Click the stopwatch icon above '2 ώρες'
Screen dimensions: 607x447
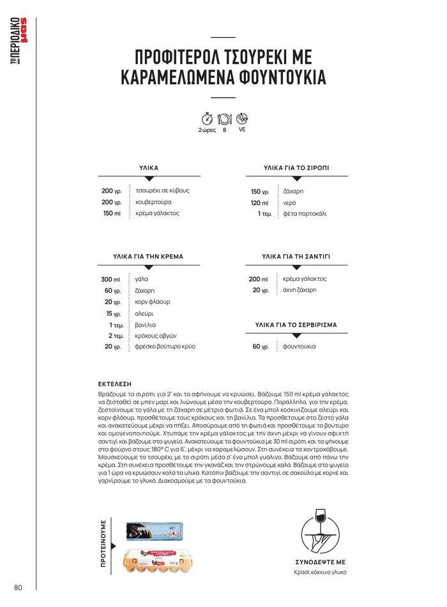tap(207, 119)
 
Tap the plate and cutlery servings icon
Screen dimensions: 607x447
tap(224, 119)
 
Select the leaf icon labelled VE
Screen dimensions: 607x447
tap(242, 119)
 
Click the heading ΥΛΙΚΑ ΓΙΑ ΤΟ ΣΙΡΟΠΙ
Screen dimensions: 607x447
tap(296, 168)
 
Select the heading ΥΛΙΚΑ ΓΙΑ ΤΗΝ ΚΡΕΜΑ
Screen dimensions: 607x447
tap(148, 257)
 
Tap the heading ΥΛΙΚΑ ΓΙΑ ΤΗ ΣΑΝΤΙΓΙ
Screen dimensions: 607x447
tap(296, 257)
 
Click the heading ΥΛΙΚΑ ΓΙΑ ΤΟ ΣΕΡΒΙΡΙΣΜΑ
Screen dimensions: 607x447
tap(296, 325)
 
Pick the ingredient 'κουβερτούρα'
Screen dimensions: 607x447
tap(153, 202)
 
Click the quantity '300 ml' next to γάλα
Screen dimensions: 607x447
tap(110, 280)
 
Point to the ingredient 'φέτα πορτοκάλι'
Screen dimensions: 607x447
tap(305, 213)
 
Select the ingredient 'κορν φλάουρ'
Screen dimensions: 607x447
tap(153, 302)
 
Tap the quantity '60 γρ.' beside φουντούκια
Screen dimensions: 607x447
tap(261, 347)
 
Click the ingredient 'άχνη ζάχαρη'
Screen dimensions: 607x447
tap(299, 290)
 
